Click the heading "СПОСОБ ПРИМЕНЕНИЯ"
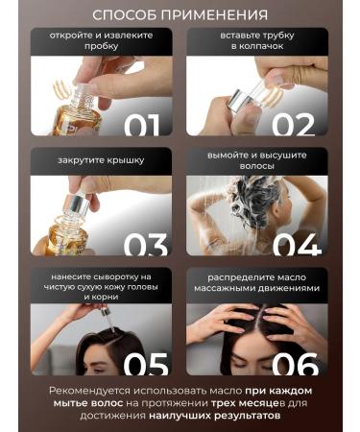(180, 15)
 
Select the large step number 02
(293, 125)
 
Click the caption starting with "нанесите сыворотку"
(102, 284)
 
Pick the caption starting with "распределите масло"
(257, 284)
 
